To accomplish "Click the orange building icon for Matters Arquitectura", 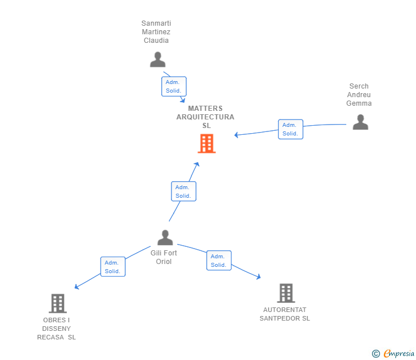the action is pos(207,143).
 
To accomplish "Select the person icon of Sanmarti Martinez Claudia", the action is pos(158,59).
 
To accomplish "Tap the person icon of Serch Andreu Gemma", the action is pos(360,122).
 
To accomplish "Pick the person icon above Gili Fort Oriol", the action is pos(165,238).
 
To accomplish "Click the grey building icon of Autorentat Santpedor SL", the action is pos(286,293).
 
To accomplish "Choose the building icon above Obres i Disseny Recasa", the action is pos(58,303).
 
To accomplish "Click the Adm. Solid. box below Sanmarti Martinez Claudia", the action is pos(174,86).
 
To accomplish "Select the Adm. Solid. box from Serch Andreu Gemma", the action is pos(290,129).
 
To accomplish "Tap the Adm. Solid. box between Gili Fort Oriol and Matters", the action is pos(183,191).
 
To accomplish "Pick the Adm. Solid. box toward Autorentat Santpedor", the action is pos(219,261).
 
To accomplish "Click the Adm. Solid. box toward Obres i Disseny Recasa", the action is pos(113,267).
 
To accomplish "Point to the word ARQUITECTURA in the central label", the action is pos(205,117).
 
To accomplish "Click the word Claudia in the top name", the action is pos(156,41).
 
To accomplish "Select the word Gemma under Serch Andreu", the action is pos(359,103).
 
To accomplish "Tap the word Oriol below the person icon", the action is pos(163,262).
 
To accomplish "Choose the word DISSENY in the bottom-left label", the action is pos(57,329).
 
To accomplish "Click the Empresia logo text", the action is pos(399,353).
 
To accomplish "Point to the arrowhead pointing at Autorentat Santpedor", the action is pos(259,277).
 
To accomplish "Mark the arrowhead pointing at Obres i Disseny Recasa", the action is pos(77,287).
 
